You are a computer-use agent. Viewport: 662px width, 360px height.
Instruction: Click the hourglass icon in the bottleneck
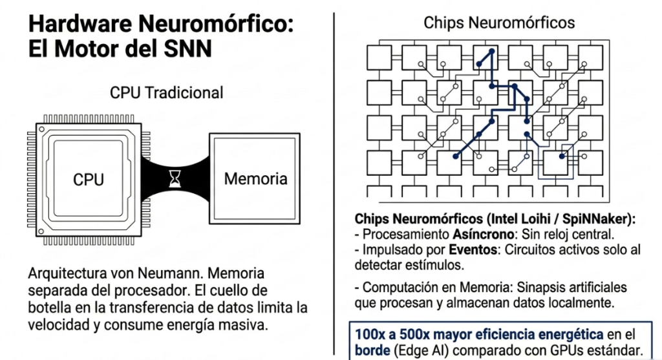(175, 179)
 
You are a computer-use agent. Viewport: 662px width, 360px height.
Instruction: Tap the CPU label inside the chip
(88, 180)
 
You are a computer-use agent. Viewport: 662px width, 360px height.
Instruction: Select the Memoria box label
(255, 179)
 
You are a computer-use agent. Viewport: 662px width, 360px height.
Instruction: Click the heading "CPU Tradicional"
(166, 93)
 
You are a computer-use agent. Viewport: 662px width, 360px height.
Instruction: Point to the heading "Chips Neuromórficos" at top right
(499, 23)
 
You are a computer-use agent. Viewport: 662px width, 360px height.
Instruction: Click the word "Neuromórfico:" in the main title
(216, 24)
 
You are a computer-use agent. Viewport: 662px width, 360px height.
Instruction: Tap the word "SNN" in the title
(187, 49)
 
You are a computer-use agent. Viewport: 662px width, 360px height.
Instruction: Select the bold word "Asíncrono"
(483, 234)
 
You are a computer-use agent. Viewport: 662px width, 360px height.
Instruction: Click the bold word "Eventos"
(473, 250)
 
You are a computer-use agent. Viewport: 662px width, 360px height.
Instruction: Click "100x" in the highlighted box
(370, 335)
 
